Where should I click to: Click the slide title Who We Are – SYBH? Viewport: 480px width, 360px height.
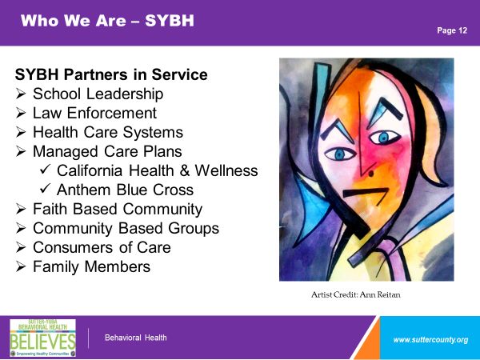click(x=107, y=21)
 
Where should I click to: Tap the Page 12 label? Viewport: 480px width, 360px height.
click(x=452, y=30)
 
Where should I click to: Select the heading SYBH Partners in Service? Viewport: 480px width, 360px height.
click(x=111, y=74)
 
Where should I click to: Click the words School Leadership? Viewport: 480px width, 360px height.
click(x=98, y=94)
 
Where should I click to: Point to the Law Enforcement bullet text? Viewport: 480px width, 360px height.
click(x=95, y=113)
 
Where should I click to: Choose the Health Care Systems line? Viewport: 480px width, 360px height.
click(x=108, y=133)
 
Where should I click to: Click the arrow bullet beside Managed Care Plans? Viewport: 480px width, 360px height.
click(x=21, y=151)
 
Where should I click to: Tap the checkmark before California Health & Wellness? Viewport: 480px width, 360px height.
click(x=45, y=170)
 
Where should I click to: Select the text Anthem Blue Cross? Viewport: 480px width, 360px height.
click(x=126, y=190)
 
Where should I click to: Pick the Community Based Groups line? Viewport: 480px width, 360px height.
click(x=126, y=229)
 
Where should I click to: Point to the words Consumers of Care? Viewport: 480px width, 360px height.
click(x=102, y=247)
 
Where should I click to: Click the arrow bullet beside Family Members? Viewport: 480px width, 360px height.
click(x=21, y=266)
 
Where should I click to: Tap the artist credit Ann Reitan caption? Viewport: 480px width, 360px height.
click(x=356, y=294)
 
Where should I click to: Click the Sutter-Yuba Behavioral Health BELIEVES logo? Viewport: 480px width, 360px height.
click(x=43, y=338)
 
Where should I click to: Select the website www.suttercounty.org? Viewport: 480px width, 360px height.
click(x=430, y=340)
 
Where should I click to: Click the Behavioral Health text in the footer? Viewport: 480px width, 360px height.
click(x=136, y=338)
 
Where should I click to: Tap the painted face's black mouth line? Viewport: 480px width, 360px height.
click(x=366, y=193)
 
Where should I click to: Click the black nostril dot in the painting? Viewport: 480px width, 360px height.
click(x=371, y=174)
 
